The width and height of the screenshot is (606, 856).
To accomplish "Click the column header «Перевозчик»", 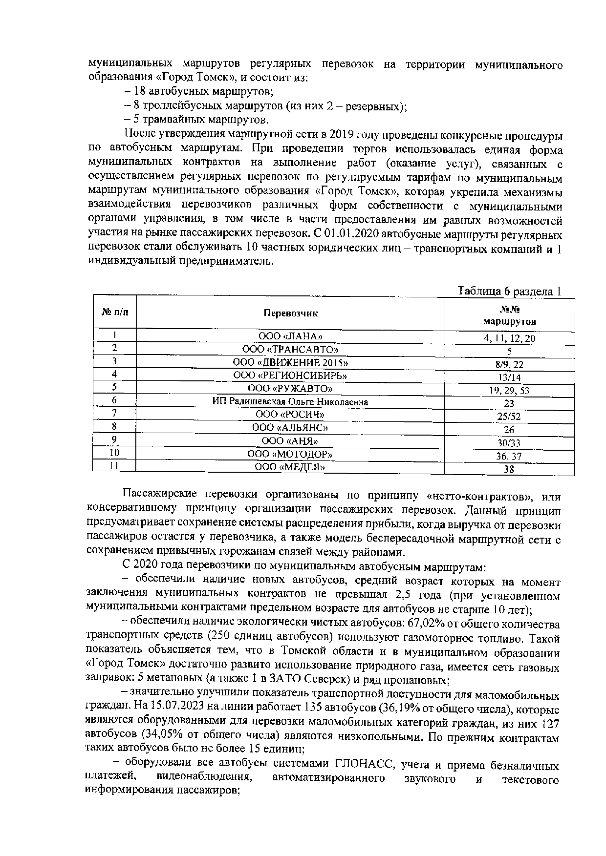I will pyautogui.click(x=290, y=313).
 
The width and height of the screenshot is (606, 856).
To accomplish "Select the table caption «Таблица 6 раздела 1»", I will pyautogui.click(x=508, y=292).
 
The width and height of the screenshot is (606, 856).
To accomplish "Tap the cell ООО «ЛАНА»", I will pyautogui.click(x=290, y=336).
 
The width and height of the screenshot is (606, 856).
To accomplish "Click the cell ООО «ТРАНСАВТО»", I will pyautogui.click(x=290, y=349).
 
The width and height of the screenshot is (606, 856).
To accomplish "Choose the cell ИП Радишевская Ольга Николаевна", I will pyautogui.click(x=290, y=402).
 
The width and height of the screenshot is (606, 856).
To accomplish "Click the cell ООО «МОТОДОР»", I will pyautogui.click(x=290, y=455).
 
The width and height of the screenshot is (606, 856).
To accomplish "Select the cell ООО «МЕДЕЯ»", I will pyautogui.click(x=290, y=467).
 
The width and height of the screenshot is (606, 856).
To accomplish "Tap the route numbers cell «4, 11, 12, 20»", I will pyautogui.click(x=509, y=338).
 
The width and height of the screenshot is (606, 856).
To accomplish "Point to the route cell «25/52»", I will pyautogui.click(x=509, y=417).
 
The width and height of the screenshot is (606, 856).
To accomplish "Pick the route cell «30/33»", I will pyautogui.click(x=509, y=443).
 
